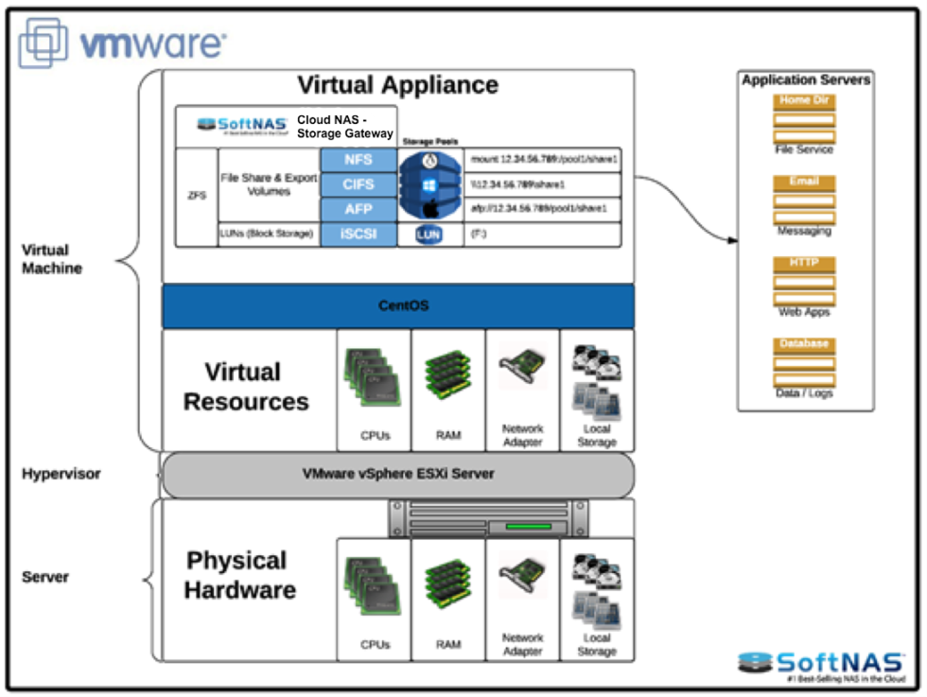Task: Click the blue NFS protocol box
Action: (x=359, y=160)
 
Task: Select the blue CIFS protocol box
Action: (x=359, y=184)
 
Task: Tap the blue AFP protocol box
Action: (x=359, y=209)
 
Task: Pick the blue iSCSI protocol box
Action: (x=359, y=235)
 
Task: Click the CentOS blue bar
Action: (x=398, y=306)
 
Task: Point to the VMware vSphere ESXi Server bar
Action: (x=398, y=474)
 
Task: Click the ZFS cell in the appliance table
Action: (x=197, y=197)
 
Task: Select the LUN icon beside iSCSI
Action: (x=429, y=235)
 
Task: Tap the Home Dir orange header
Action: (x=804, y=101)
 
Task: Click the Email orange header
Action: (x=804, y=182)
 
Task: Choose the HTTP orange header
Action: (x=804, y=263)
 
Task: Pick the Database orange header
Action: (x=804, y=344)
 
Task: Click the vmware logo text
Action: (x=151, y=44)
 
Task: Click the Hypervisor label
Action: (x=61, y=473)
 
